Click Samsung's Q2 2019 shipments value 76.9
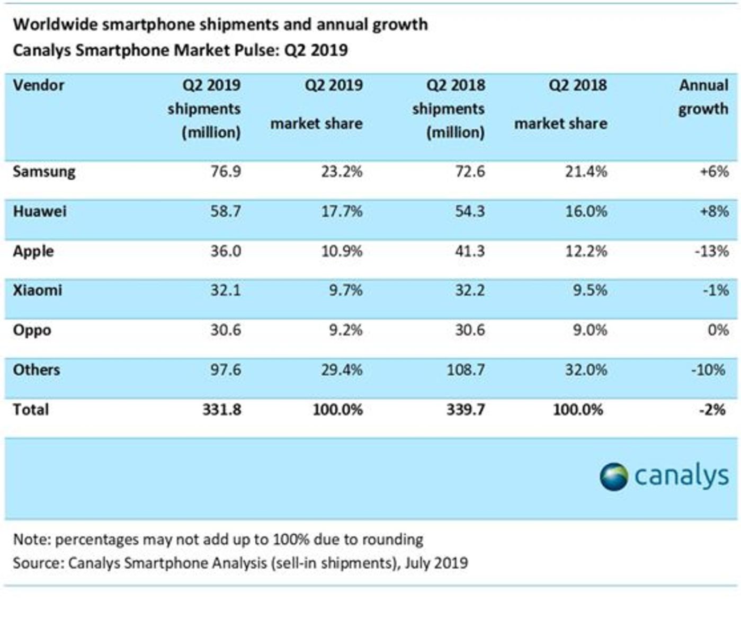[226, 172]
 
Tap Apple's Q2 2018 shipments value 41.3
[469, 251]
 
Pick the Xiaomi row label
[37, 290]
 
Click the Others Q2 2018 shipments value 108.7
[465, 370]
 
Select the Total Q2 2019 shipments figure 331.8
[221, 410]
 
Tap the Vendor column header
[38, 85]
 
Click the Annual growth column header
[703, 97]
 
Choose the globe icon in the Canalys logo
[613, 476]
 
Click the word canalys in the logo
[681, 475]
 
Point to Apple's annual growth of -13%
[711, 251]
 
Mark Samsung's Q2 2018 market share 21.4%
[586, 172]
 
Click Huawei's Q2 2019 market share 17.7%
[342, 211]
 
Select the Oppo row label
[32, 330]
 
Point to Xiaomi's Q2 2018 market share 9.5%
[590, 290]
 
